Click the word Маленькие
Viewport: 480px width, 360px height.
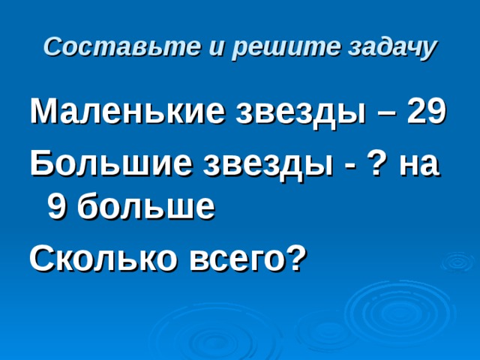tap(123, 113)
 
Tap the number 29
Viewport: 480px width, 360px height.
tap(427, 112)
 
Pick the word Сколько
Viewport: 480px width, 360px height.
tap(100, 258)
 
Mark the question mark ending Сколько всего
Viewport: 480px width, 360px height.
tap(298, 256)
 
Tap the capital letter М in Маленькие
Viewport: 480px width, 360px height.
tap(42, 113)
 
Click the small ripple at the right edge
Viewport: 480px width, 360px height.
tap(457, 263)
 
